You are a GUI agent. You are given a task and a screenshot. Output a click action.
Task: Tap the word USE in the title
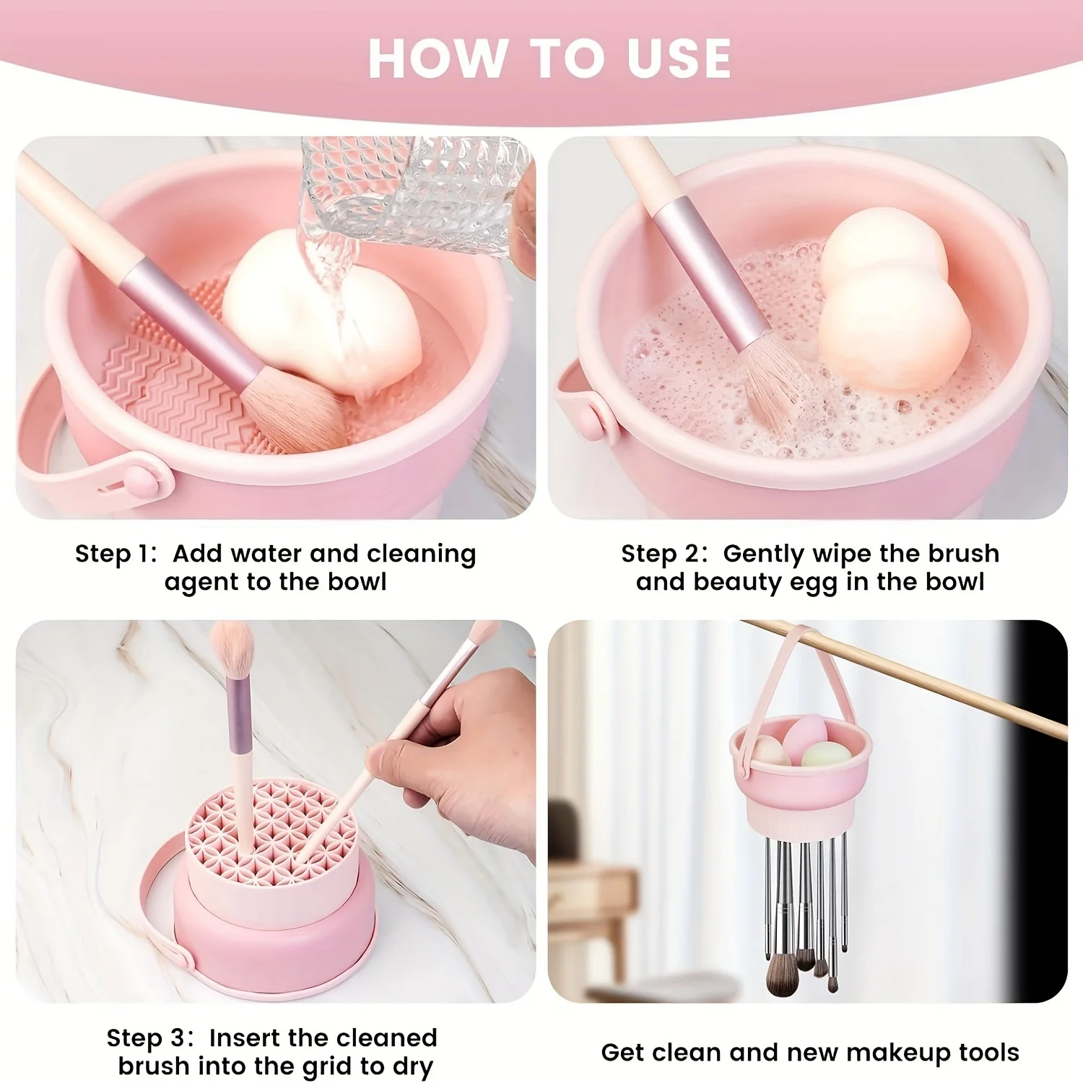[x=679, y=58]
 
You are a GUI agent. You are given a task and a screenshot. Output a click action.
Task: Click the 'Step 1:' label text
[x=116, y=554]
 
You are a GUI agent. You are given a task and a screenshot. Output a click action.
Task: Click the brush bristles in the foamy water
[x=776, y=390]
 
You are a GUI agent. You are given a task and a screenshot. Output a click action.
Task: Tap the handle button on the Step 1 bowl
[x=137, y=478]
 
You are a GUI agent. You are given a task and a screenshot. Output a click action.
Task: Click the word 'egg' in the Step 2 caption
[x=814, y=583]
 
